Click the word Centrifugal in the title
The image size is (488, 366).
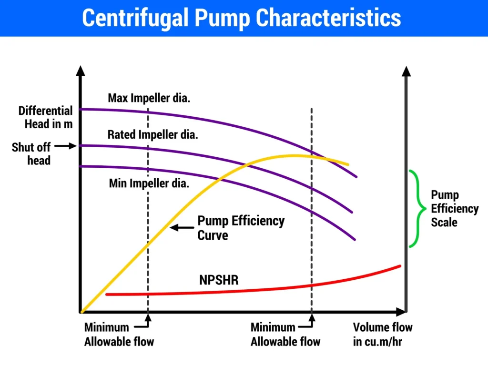[x=137, y=18]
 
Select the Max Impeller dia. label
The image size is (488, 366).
[x=149, y=98]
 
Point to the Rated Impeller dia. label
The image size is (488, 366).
[x=152, y=134]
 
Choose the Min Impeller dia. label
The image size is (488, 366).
[x=149, y=183]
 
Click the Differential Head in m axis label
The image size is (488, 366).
[x=46, y=117]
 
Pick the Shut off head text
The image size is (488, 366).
[x=31, y=153]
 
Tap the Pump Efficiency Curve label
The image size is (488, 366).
[x=241, y=228]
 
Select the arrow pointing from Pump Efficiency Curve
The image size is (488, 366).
[x=182, y=228]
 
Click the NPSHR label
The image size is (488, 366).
[x=219, y=280]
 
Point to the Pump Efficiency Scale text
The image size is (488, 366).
[x=454, y=209]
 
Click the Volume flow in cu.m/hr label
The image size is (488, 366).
[x=382, y=335]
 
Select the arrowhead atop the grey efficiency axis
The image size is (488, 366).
[x=406, y=71]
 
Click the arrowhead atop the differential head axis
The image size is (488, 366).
[x=81, y=71]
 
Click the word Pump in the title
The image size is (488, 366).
[x=221, y=18]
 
